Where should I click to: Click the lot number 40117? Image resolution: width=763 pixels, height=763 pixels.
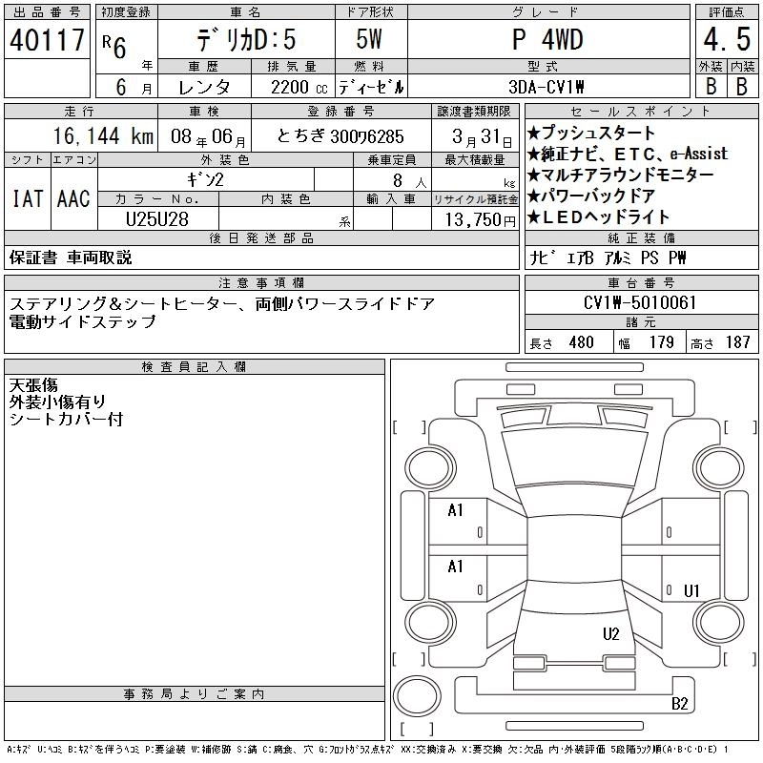(x=47, y=40)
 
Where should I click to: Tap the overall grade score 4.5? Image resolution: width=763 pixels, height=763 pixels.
(x=727, y=39)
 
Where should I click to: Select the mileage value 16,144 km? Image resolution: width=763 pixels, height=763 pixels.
(x=103, y=136)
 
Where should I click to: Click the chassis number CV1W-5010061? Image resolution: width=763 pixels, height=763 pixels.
(x=640, y=302)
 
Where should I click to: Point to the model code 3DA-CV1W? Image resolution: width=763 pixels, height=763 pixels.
(x=546, y=87)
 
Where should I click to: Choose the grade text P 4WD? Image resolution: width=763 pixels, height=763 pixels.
(x=547, y=40)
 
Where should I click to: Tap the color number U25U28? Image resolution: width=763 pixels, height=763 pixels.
(x=157, y=219)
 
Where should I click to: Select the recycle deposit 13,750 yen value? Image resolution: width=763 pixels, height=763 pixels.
(x=481, y=220)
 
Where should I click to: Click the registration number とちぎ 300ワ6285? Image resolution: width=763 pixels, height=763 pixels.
(x=340, y=136)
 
